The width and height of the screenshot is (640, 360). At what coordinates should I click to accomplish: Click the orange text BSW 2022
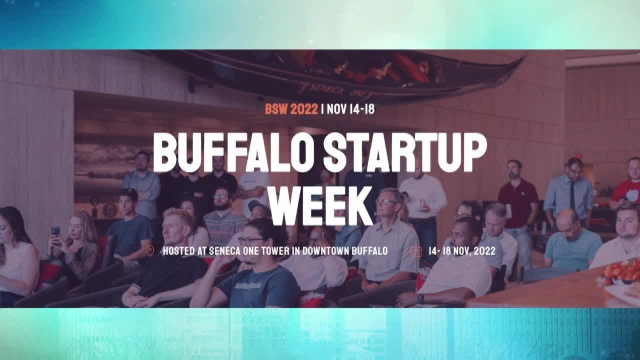[291, 109]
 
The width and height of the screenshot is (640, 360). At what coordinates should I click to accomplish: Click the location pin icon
[149, 250]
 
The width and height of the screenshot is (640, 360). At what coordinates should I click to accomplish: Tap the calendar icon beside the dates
[415, 251]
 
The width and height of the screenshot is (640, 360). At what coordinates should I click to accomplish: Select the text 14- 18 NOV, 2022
[462, 251]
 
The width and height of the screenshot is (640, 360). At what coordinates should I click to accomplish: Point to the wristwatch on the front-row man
[420, 298]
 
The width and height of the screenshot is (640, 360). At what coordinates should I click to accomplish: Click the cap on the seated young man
[128, 193]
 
